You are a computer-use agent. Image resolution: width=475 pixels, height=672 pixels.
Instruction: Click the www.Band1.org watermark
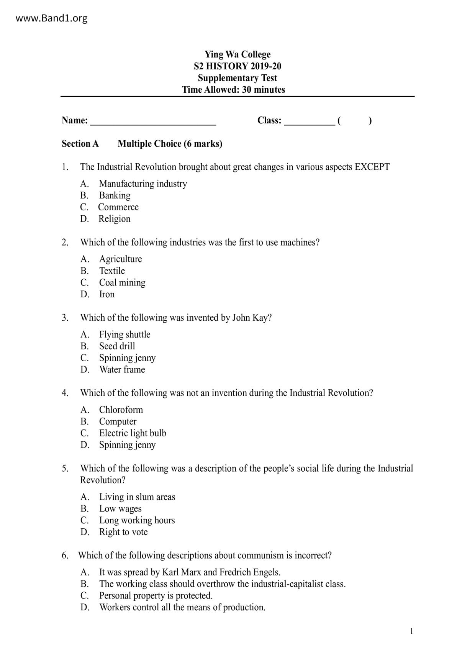click(51, 18)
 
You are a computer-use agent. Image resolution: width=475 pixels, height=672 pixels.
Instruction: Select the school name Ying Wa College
click(237, 54)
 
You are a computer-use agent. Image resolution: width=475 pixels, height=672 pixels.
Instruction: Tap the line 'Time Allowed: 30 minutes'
click(233, 90)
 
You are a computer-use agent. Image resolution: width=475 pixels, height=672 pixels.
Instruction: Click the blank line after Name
click(153, 122)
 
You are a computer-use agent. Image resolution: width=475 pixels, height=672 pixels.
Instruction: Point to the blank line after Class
click(309, 122)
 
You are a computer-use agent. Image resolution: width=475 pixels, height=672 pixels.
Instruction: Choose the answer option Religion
click(114, 219)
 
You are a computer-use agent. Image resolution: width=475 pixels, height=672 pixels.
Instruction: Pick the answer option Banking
click(115, 195)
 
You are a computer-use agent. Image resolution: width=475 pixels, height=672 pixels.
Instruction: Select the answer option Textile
click(112, 271)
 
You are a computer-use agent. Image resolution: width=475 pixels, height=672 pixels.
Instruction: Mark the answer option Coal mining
click(122, 283)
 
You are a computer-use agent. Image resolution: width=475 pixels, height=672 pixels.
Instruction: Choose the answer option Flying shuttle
click(124, 334)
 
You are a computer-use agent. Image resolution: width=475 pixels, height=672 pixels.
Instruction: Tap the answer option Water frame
click(122, 370)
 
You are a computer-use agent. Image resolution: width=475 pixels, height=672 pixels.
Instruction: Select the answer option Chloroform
click(121, 410)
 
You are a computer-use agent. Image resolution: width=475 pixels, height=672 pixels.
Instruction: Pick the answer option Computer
click(118, 421)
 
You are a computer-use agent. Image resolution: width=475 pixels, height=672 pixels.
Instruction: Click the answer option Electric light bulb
click(133, 433)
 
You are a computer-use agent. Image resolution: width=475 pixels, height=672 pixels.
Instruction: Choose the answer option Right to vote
click(123, 532)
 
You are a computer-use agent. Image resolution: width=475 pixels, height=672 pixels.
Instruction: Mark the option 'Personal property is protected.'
click(156, 596)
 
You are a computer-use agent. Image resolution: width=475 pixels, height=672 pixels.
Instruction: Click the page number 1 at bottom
click(411, 631)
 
